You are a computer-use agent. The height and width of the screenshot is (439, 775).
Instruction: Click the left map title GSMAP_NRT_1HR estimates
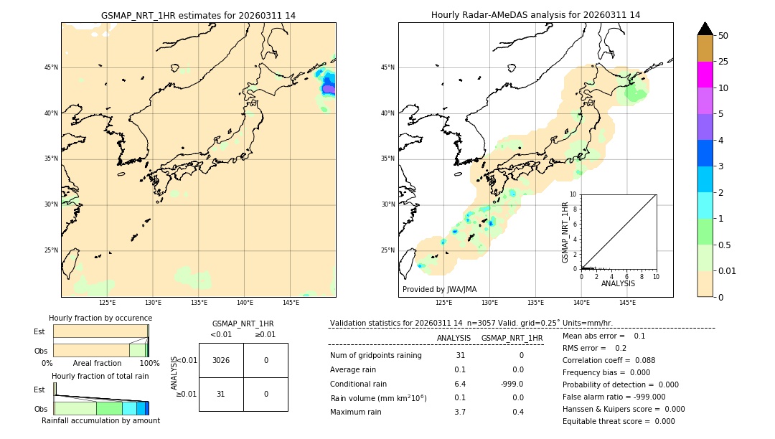(198, 15)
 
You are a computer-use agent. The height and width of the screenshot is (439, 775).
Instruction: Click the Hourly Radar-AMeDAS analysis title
(535, 15)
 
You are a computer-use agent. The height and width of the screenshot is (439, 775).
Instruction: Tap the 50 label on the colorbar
(723, 36)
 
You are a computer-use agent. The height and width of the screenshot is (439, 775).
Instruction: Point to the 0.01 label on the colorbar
(728, 270)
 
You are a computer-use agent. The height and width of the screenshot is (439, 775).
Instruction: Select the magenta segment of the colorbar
(705, 75)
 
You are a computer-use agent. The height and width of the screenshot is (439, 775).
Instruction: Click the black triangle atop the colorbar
(705, 29)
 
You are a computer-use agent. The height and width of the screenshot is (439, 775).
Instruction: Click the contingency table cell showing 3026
(221, 360)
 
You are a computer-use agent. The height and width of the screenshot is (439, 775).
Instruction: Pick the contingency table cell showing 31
(221, 394)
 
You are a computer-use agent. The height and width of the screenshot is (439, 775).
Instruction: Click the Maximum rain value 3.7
(460, 412)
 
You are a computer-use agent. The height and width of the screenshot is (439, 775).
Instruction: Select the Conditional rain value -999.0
(512, 384)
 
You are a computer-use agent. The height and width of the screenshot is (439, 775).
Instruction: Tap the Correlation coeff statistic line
(609, 360)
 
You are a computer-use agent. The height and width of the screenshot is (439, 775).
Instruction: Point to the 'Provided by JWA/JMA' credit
(439, 289)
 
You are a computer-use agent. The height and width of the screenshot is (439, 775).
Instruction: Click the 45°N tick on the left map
(51, 67)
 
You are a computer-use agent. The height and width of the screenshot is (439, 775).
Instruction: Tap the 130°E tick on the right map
(489, 303)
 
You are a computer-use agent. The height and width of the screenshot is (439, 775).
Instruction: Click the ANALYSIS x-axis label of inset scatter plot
(618, 283)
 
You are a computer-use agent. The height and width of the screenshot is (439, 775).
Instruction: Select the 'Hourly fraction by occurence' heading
(100, 318)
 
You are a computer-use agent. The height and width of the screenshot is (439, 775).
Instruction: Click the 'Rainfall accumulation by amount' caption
(100, 420)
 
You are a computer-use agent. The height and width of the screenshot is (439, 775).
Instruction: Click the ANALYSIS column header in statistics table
(454, 338)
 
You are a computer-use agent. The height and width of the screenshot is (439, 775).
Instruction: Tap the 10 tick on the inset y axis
(573, 194)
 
